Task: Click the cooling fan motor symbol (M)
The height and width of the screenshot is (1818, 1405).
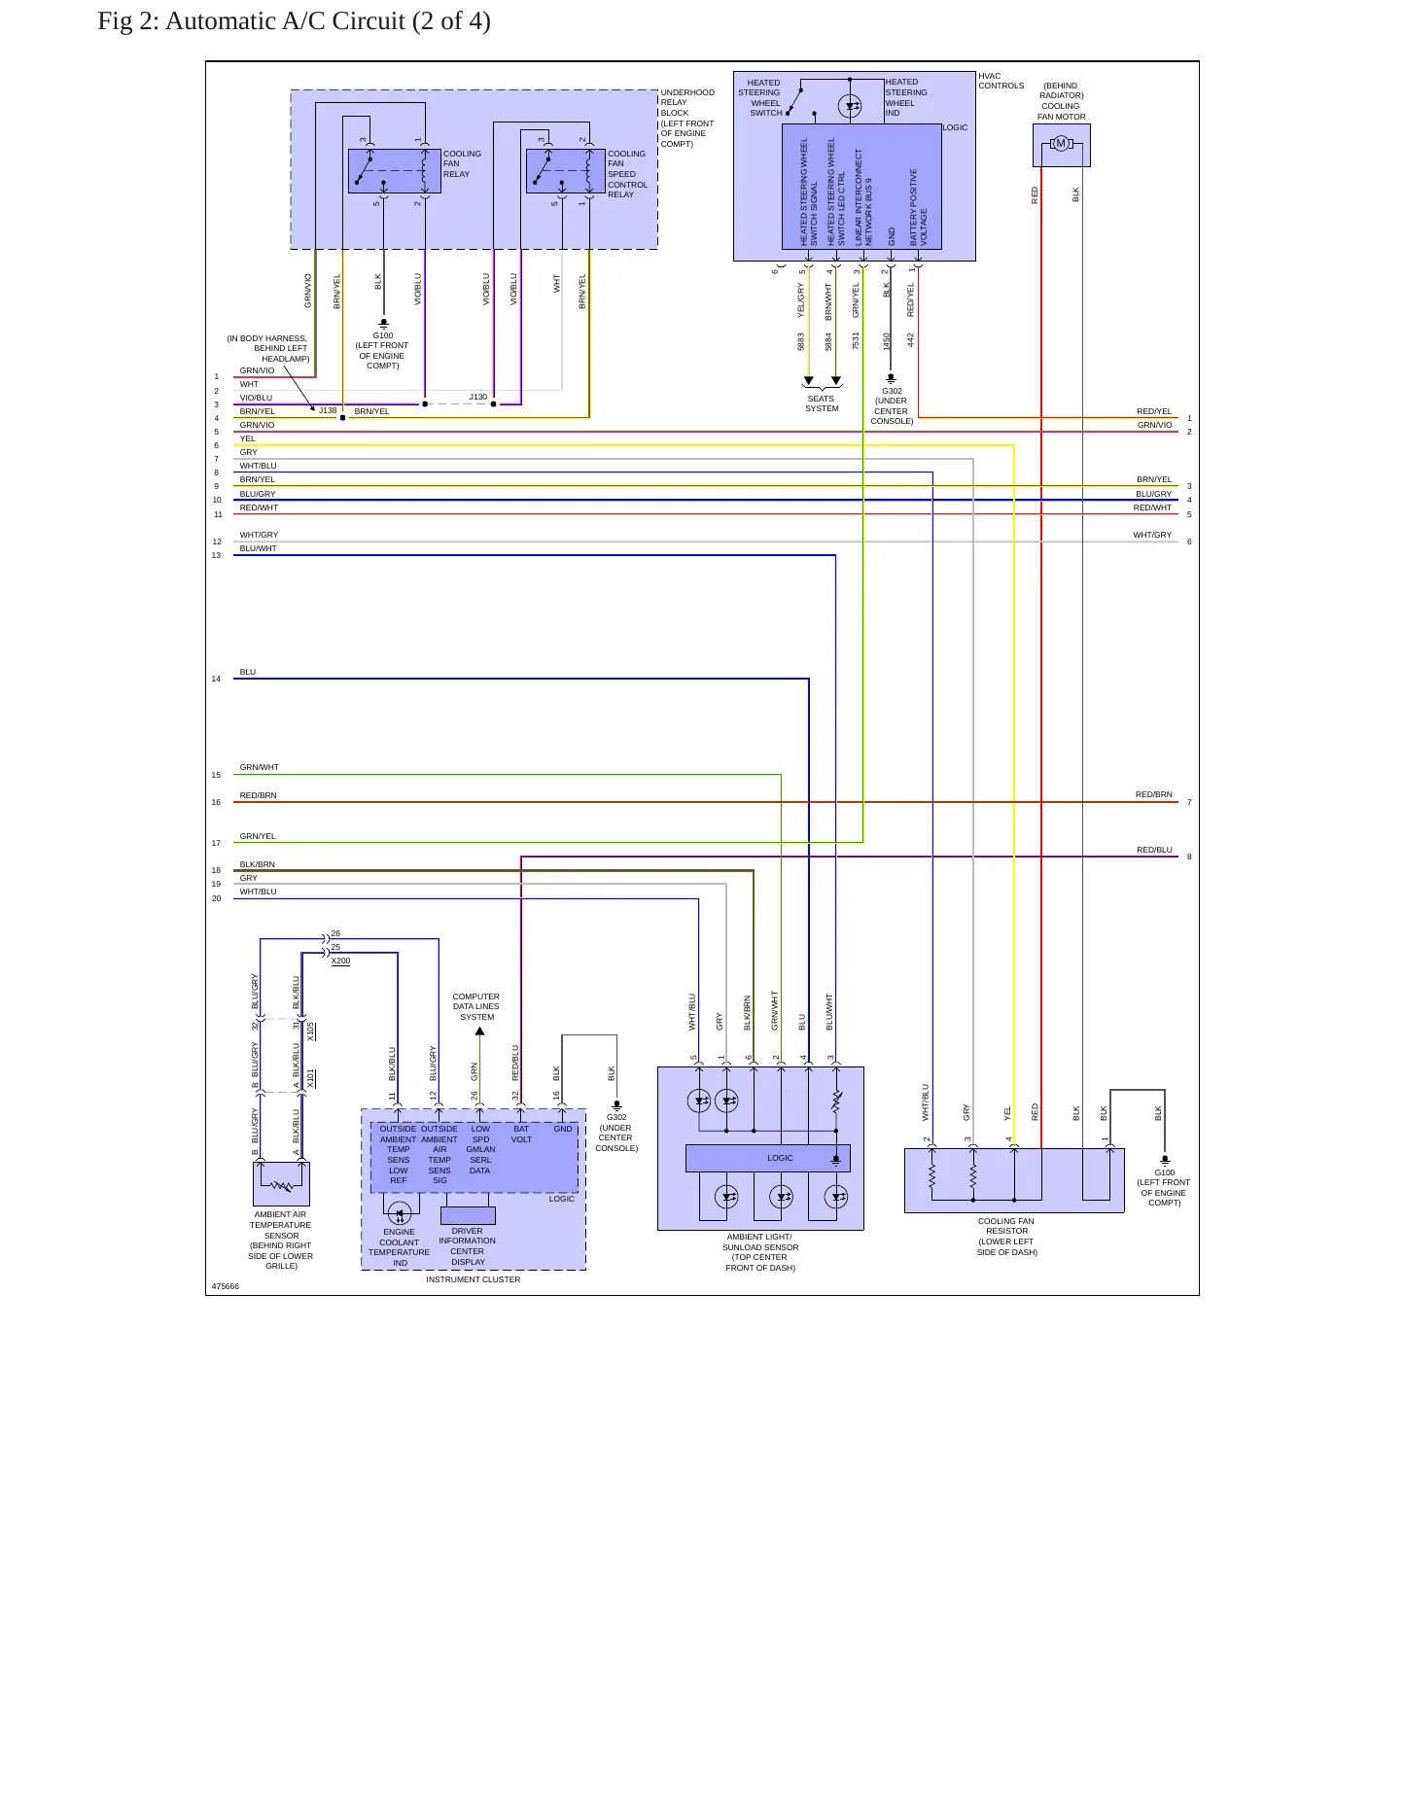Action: tap(1061, 144)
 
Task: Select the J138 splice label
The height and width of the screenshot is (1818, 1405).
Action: tap(328, 410)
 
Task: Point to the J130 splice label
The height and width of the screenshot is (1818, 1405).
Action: tap(478, 397)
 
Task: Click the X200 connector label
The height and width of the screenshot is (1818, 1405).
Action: tap(340, 961)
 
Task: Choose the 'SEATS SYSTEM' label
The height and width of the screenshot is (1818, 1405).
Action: tap(822, 403)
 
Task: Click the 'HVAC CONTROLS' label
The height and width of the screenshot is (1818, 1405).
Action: tap(1001, 81)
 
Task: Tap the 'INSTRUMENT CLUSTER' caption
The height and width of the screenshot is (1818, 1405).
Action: tap(473, 1279)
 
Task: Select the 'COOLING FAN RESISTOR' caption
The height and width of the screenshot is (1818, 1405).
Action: tap(1006, 1226)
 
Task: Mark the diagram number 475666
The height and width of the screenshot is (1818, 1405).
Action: tap(226, 1286)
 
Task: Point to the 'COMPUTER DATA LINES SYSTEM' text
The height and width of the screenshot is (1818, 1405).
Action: tap(476, 1006)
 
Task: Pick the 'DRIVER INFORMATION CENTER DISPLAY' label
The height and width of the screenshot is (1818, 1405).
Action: tap(468, 1246)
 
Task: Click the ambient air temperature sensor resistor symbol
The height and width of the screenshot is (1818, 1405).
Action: tap(282, 1186)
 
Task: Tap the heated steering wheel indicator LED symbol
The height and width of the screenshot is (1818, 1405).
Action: tap(850, 106)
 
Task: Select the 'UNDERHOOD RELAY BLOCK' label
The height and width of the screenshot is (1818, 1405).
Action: tap(687, 102)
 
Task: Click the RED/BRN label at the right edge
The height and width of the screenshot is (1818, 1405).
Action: tap(1154, 794)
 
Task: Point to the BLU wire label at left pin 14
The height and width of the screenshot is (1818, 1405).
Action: tap(248, 672)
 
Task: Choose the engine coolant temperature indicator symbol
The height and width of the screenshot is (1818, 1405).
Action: tap(399, 1212)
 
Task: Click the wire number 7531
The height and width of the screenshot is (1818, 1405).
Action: tap(856, 340)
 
